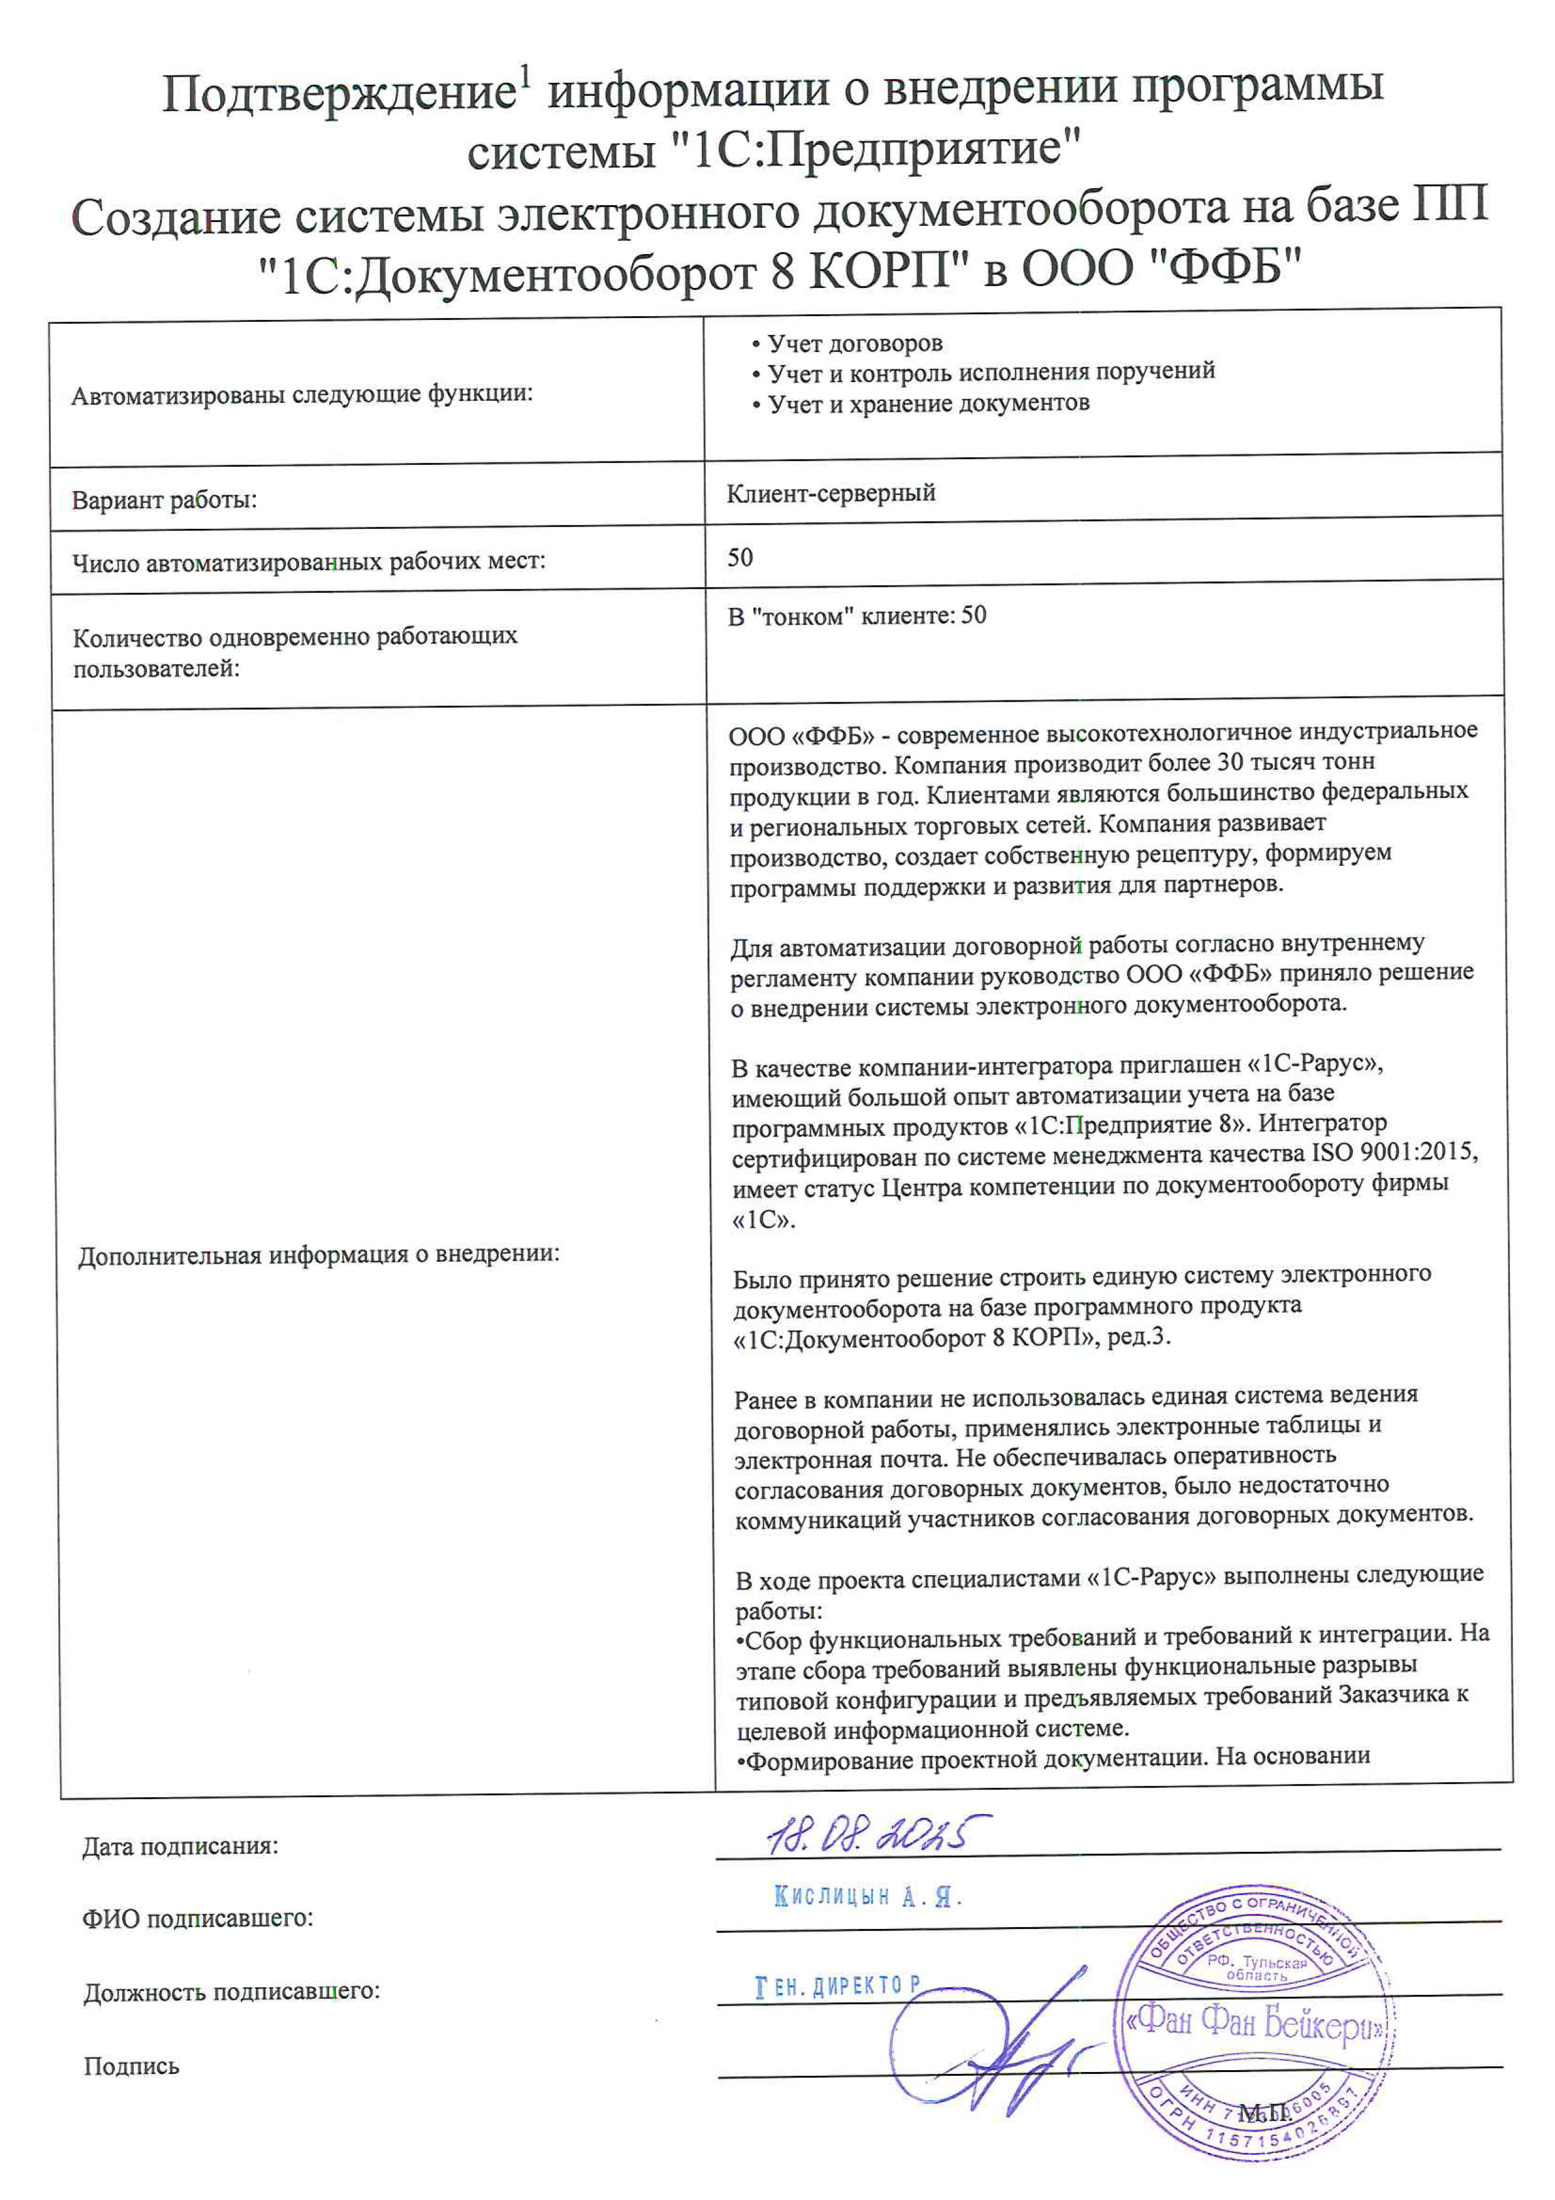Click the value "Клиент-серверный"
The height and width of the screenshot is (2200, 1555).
point(831,493)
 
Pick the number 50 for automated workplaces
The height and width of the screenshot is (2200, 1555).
point(740,558)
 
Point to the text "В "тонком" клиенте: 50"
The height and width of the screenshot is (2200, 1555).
point(857,616)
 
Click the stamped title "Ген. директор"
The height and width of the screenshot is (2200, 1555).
point(838,1986)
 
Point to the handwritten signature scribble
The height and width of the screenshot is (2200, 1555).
point(997,2051)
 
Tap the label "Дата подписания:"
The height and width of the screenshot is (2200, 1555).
point(180,1847)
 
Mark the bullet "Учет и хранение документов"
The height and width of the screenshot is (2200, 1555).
point(928,404)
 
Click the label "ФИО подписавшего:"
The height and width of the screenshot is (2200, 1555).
point(198,1918)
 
